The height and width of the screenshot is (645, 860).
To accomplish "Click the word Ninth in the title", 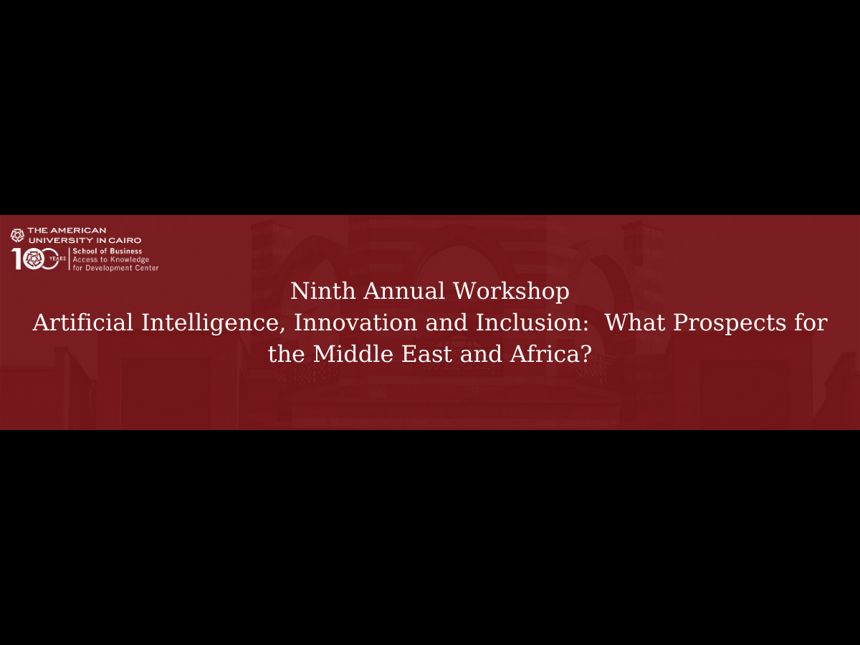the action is (x=322, y=291).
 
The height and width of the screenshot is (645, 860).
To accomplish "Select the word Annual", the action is (x=404, y=291).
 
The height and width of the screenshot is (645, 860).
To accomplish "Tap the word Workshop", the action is (x=511, y=292).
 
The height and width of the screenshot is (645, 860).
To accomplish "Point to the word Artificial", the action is (x=82, y=322).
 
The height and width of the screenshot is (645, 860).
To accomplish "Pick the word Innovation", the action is (x=355, y=322).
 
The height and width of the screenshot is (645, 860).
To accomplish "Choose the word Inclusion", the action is (x=532, y=322).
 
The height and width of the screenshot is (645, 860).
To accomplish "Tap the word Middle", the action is (x=353, y=353).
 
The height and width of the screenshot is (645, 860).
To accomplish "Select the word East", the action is (x=426, y=353).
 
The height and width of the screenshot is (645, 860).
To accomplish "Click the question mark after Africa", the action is (x=585, y=353).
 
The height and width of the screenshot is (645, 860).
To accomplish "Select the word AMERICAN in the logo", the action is (x=78, y=230).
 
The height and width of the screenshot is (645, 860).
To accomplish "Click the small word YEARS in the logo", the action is (x=57, y=259).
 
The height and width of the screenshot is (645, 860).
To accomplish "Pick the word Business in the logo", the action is (x=126, y=251).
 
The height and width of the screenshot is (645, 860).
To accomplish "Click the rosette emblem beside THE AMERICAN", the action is (x=17, y=235).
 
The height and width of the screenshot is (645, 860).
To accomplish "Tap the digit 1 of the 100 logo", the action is (x=16, y=259).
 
